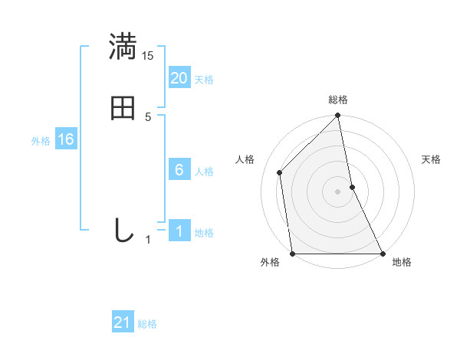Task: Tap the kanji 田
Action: pos(123,108)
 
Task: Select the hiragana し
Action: pos(123,230)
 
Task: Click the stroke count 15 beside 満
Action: pos(148,56)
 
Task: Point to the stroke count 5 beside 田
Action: pos(148,117)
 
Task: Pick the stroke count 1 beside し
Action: pos(148,240)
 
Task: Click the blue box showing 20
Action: pos(179,77)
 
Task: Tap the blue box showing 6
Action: pos(179,170)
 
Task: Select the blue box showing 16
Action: pos(66,139)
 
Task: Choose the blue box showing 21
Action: pos(123,322)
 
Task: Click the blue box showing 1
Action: pos(179,231)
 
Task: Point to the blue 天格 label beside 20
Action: pos(204,80)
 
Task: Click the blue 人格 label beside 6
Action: pos(204,172)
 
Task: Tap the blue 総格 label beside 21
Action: pos(147,325)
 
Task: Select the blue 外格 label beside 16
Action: pos(41,141)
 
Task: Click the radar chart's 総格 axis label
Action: pos(338,100)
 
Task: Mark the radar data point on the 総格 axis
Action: pos(338,116)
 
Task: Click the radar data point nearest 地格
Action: pos(383,253)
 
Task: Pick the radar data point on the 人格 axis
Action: pos(280,172)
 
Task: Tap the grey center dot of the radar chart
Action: pos(338,191)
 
